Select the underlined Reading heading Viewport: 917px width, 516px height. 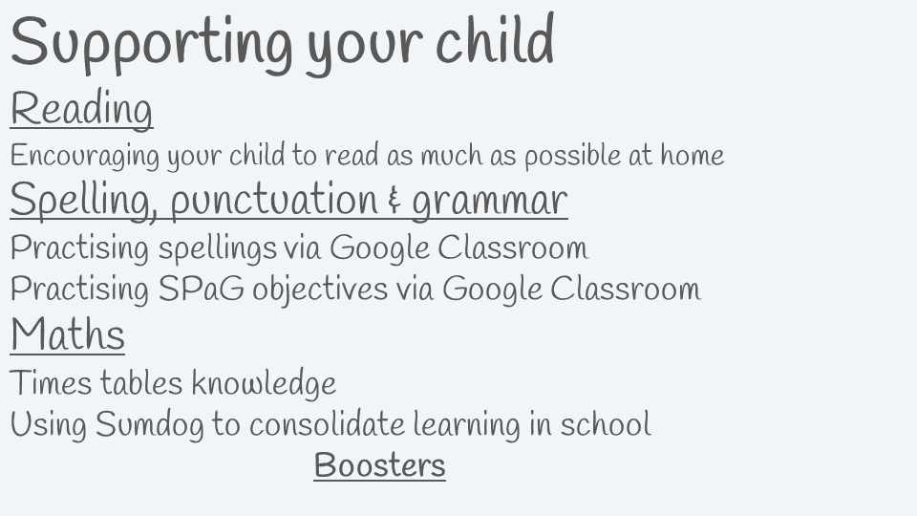coord(82,109)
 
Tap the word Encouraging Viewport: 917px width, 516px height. coord(85,156)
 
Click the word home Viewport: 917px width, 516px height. coord(693,156)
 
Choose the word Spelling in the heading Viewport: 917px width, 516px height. coord(84,200)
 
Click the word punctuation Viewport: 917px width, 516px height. coord(274,200)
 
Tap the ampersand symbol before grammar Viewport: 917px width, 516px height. coord(395,201)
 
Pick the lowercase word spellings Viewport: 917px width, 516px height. coord(218,248)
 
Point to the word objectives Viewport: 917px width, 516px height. coord(320,290)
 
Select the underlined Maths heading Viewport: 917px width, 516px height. coord(67,334)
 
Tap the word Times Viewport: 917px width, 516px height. coord(51,383)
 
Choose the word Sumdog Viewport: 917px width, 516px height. coord(150,424)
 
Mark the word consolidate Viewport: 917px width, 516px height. coord(327,423)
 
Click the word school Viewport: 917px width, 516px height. coord(606,423)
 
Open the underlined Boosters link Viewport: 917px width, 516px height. coord(379,465)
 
